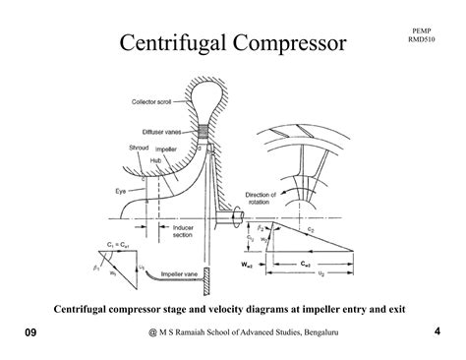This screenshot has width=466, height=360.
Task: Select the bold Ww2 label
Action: (261, 264)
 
